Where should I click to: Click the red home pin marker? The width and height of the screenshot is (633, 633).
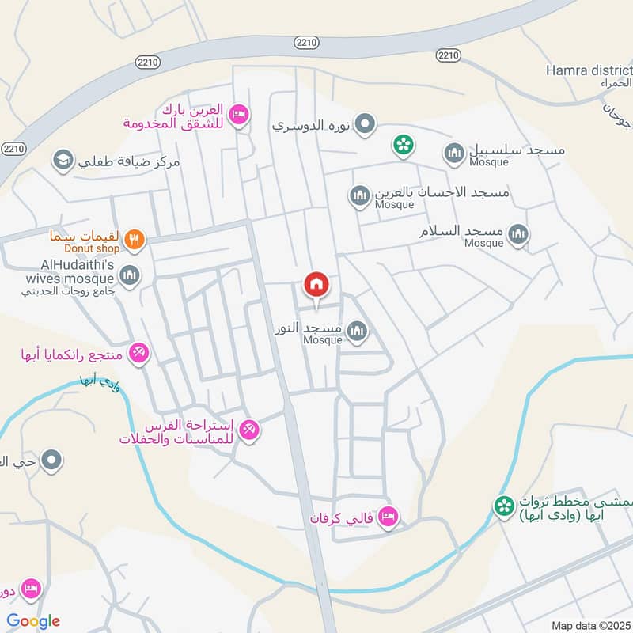pyautogui.click(x=316, y=284)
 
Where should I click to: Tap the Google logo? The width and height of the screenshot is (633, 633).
pyautogui.click(x=33, y=621)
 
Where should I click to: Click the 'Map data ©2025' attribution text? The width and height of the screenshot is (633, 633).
pyautogui.click(x=589, y=625)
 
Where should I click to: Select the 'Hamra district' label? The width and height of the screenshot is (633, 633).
pyautogui.click(x=589, y=70)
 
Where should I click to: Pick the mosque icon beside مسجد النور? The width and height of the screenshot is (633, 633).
pyautogui.click(x=358, y=331)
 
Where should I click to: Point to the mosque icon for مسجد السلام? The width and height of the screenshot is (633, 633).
pyautogui.click(x=518, y=233)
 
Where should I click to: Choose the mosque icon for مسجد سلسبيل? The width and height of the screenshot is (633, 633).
pyautogui.click(x=454, y=153)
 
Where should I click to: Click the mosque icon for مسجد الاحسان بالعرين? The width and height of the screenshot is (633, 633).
pyautogui.click(x=359, y=195)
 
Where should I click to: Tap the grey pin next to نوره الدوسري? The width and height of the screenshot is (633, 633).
pyautogui.click(x=365, y=124)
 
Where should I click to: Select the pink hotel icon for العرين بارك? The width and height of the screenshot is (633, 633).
pyautogui.click(x=237, y=116)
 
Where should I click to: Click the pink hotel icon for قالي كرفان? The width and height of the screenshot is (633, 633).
pyautogui.click(x=388, y=517)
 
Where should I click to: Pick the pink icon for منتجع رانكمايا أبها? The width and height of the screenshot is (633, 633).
pyautogui.click(x=138, y=352)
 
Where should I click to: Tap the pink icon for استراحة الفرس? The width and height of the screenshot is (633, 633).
pyautogui.click(x=250, y=429)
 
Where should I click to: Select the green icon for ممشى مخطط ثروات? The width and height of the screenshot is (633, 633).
pyautogui.click(x=503, y=505)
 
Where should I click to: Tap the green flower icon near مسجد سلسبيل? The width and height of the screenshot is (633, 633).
pyautogui.click(x=404, y=145)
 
